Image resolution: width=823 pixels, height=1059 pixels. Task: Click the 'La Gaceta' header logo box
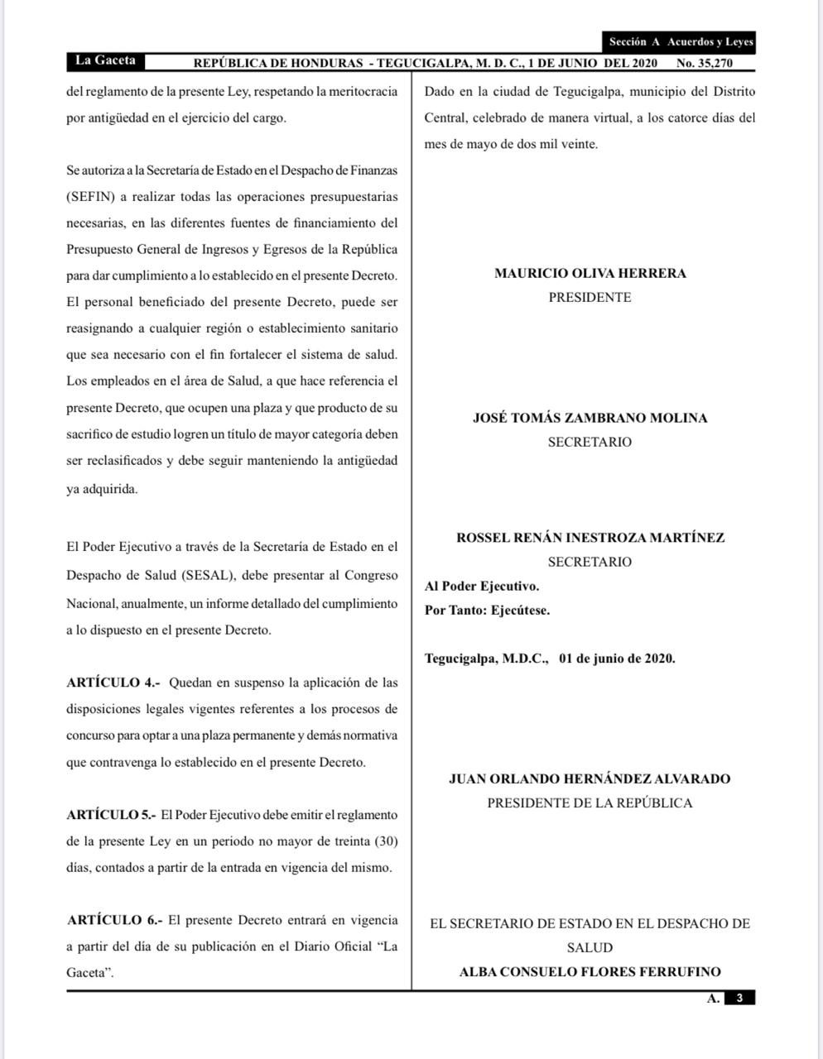pyautogui.click(x=104, y=61)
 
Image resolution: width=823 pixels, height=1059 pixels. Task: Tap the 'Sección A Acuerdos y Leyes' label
pyautogui.click(x=681, y=42)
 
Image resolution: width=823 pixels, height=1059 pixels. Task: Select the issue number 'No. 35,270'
pyautogui.click(x=704, y=63)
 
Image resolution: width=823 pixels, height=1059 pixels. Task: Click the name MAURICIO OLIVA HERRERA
pyautogui.click(x=590, y=273)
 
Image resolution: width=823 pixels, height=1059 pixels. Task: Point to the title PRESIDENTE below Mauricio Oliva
pyautogui.click(x=590, y=297)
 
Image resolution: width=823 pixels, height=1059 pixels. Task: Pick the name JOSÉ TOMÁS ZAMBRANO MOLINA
pyautogui.click(x=590, y=418)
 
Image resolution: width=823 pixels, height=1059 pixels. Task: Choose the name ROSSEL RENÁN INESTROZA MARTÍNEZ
pyautogui.click(x=590, y=538)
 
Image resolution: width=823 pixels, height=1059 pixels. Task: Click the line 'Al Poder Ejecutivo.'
pyautogui.click(x=482, y=587)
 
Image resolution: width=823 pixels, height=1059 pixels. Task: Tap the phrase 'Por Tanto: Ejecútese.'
pyautogui.click(x=487, y=611)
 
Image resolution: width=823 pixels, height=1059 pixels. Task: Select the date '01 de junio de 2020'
pyautogui.click(x=617, y=659)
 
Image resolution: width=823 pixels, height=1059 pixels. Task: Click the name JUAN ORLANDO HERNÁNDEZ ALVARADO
pyautogui.click(x=590, y=779)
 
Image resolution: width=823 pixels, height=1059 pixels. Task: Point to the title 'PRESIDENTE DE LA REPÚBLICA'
pyautogui.click(x=590, y=803)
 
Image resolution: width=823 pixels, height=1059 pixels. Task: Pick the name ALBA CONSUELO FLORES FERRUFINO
pyautogui.click(x=590, y=972)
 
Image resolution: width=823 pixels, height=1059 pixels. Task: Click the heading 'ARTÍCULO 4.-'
pyautogui.click(x=113, y=683)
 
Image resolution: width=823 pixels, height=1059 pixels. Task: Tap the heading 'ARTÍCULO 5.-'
pyautogui.click(x=111, y=815)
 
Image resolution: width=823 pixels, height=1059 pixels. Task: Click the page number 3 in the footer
pyautogui.click(x=739, y=998)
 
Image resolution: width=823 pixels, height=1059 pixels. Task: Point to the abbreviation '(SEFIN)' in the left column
pyautogui.click(x=90, y=197)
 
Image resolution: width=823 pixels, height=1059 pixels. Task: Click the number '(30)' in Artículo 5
pyautogui.click(x=386, y=841)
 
